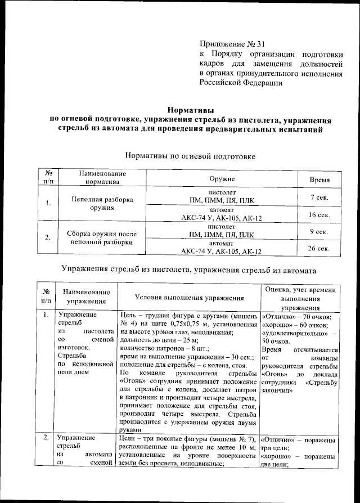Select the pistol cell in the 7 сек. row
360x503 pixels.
(x=222, y=196)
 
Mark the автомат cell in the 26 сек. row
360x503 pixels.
(x=222, y=248)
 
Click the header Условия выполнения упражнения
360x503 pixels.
(x=189, y=297)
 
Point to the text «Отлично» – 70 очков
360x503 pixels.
(x=296, y=316)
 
